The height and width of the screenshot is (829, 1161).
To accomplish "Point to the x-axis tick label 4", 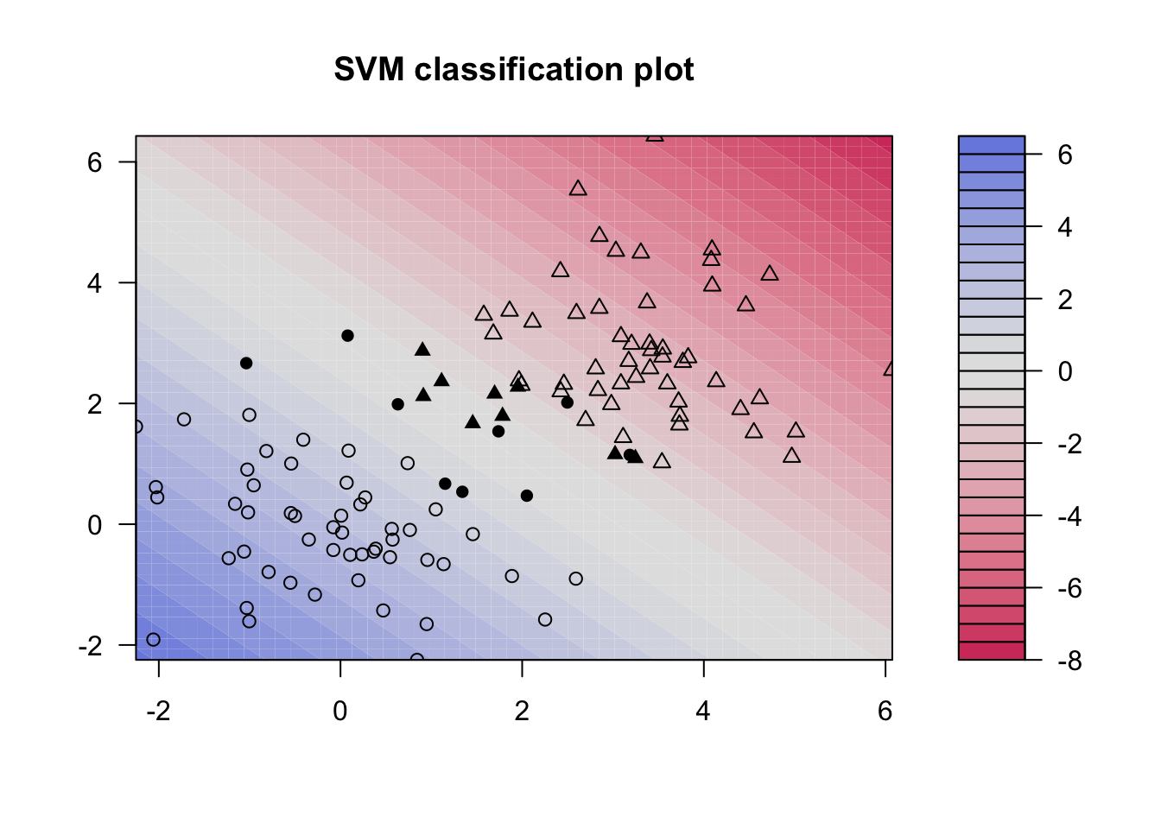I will click(x=703, y=711).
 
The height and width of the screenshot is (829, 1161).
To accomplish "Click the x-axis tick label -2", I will click(x=158, y=711).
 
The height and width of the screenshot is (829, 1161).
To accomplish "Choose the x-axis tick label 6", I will click(x=885, y=711).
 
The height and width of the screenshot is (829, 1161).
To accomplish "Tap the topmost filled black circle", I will click(x=347, y=335).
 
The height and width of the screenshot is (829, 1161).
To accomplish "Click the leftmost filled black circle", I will click(x=246, y=363).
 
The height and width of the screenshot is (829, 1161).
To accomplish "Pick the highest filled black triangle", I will click(x=422, y=350).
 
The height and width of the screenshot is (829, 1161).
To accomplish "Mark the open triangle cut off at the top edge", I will click(x=655, y=136).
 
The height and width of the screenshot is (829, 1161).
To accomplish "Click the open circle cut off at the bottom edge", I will click(x=417, y=659).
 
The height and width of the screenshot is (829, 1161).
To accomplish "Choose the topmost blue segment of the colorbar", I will click(x=992, y=145).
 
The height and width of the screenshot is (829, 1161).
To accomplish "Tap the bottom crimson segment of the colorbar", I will click(x=992, y=651).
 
